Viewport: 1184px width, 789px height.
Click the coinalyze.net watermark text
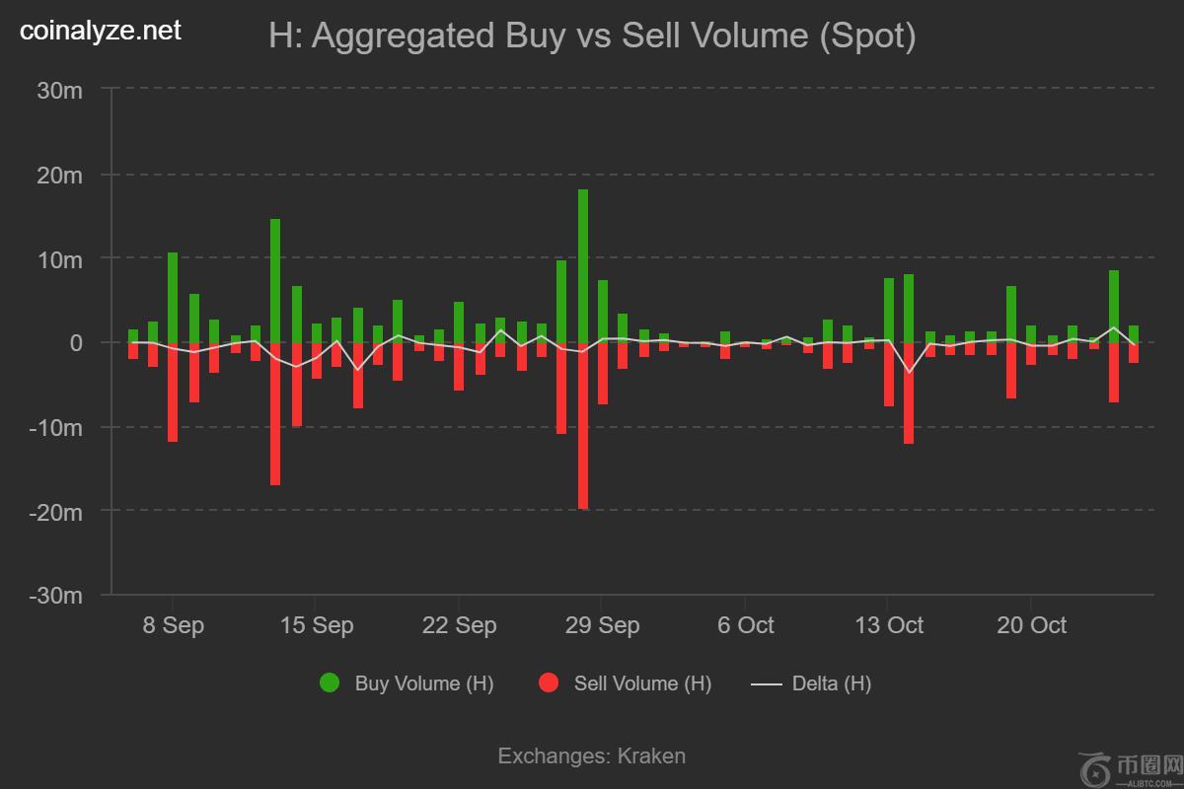(x=101, y=32)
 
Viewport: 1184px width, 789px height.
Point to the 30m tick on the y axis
(x=59, y=90)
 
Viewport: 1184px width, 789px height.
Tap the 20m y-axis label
(x=59, y=175)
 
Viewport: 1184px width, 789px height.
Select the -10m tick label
(x=56, y=427)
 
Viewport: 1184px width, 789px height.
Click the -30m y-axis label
(x=56, y=596)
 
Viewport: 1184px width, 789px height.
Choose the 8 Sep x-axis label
(x=173, y=625)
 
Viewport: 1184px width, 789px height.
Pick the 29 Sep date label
(x=603, y=625)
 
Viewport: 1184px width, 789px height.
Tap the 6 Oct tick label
(x=745, y=625)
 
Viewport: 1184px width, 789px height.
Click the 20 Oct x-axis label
(x=1031, y=625)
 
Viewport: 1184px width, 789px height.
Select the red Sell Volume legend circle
(x=549, y=683)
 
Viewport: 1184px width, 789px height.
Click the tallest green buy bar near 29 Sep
(x=583, y=266)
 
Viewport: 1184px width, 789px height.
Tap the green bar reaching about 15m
(x=275, y=281)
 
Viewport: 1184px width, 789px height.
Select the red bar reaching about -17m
(x=275, y=414)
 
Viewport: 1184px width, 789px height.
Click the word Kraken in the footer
(x=651, y=756)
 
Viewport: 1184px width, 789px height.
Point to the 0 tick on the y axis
(x=75, y=343)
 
